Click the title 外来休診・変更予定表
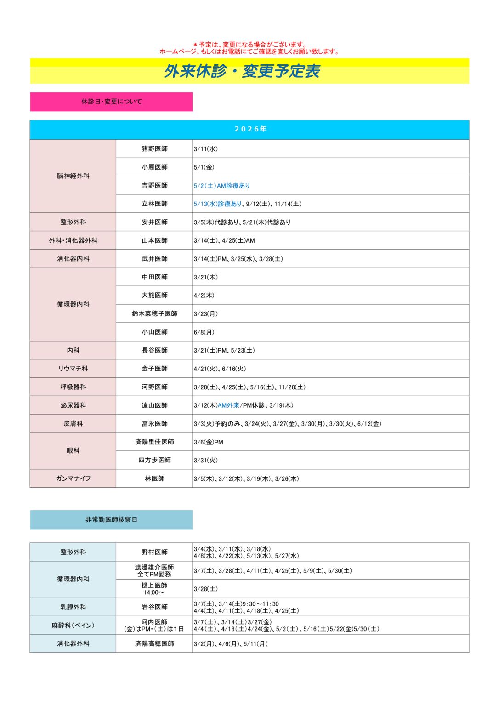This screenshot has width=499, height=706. point(242,71)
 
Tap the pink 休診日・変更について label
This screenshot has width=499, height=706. point(112,102)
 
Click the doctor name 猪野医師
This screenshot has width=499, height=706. point(154,149)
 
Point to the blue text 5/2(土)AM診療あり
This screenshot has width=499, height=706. point(222,186)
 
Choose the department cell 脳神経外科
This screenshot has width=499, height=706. point(73,176)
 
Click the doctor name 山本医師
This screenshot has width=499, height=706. point(154,240)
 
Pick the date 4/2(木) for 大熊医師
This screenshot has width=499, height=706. point(204,296)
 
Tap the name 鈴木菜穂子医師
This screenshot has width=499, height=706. point(154,313)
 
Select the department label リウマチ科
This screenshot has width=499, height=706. point(73,369)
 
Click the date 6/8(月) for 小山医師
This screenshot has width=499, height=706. point(204,332)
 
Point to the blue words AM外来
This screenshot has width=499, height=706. point(228,405)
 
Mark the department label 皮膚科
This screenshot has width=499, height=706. point(73,423)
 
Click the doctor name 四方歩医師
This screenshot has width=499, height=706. point(154,460)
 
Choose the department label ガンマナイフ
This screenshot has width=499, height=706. point(73,478)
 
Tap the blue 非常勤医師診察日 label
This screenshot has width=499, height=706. point(112,519)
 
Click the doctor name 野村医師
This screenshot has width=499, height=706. point(154,552)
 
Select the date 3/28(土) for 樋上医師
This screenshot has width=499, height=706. point(206,589)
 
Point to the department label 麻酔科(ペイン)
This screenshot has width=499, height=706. point(73,626)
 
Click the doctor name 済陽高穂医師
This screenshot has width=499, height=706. point(154,643)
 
